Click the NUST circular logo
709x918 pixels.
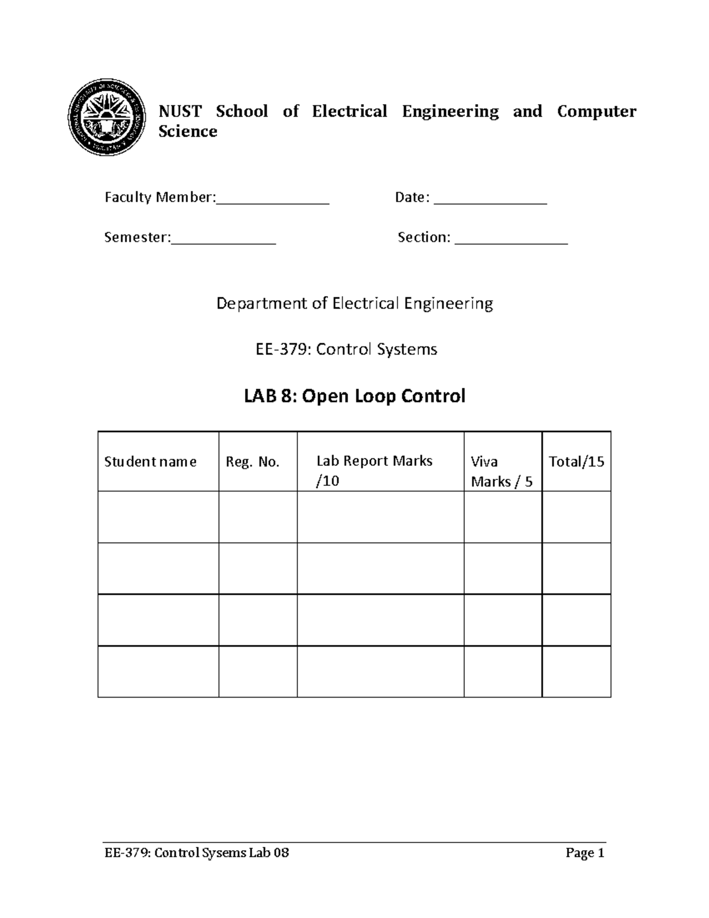[107, 117]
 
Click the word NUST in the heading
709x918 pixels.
[180, 111]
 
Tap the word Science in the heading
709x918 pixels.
[187, 131]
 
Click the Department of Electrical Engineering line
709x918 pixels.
[354, 304]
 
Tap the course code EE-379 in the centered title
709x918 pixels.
[280, 349]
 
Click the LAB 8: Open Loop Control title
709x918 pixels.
[354, 395]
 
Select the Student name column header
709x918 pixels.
[150, 462]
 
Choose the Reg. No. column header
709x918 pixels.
[252, 462]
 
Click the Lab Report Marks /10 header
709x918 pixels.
[374, 471]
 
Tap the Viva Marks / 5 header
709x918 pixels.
[501, 472]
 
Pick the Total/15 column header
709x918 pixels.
[576, 462]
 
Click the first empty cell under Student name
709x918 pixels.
[158, 517]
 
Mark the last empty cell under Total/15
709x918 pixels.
[576, 672]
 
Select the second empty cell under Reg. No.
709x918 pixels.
[258, 569]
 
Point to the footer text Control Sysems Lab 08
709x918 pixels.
[222, 853]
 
